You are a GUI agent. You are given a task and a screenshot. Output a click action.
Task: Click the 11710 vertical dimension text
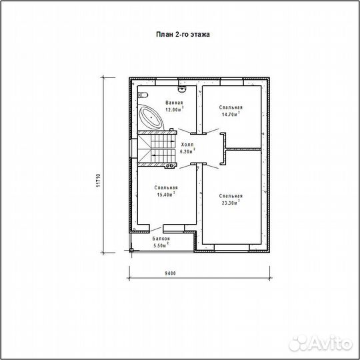98,181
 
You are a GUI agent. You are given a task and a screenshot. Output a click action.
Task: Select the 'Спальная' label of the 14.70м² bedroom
230,107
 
